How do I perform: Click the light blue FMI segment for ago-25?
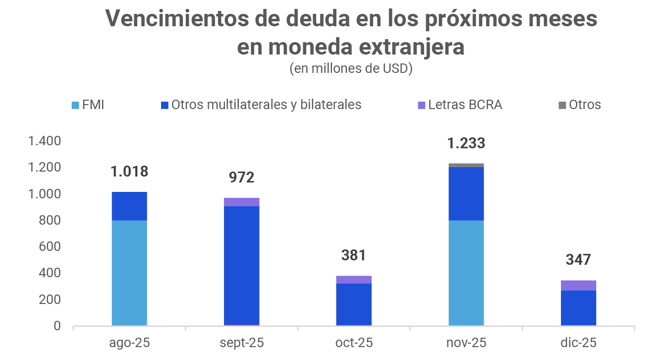[x=129, y=273]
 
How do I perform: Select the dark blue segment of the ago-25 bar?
[x=129, y=206]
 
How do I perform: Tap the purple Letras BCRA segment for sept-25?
[x=241, y=202]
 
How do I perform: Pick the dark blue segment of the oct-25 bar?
[x=354, y=304]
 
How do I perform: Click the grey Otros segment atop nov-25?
[x=466, y=165]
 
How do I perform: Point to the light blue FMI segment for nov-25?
[x=466, y=273]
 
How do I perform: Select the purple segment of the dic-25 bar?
[x=578, y=285]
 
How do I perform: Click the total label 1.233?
[x=466, y=144]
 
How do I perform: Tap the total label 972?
[x=241, y=178]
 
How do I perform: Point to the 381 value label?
[x=354, y=255]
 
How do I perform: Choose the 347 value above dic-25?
[x=578, y=260]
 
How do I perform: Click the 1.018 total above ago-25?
[x=129, y=172]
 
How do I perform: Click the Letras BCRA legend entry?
[x=460, y=105]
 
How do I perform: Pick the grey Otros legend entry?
[x=579, y=105]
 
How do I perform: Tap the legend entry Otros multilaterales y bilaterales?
[x=261, y=105]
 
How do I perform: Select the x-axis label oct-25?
[x=354, y=343]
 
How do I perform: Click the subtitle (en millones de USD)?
[x=351, y=68]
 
